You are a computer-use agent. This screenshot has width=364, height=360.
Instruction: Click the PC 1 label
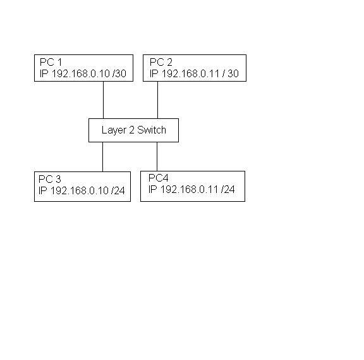tap(51, 62)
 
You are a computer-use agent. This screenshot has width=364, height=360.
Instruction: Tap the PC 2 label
tap(161, 62)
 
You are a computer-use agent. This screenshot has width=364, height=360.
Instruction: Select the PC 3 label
tap(50, 179)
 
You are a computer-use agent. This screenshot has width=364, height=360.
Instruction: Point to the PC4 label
tap(159, 178)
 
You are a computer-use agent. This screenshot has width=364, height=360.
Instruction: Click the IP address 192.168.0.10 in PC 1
tap(80, 73)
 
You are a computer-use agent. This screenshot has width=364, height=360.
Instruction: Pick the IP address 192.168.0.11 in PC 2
tap(190, 73)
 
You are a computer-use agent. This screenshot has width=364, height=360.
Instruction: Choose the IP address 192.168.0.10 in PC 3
tap(80, 191)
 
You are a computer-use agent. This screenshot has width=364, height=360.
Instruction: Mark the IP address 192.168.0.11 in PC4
tap(189, 189)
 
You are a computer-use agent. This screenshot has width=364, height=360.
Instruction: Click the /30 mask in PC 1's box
tap(119, 73)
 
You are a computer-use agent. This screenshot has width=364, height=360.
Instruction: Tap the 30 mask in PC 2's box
tap(233, 73)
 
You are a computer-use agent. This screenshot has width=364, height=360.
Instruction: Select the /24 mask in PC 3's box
tap(118, 191)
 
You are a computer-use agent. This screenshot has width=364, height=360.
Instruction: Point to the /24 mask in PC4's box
tap(228, 189)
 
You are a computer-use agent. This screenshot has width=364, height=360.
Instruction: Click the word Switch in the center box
tap(152, 130)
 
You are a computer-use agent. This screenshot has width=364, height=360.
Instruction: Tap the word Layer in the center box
tap(114, 130)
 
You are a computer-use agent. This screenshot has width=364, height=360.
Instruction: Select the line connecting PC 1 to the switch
tap(103, 100)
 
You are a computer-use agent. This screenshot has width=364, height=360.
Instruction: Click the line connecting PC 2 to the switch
tap(157, 100)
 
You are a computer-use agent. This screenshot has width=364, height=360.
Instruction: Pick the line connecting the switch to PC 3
tap(102, 157)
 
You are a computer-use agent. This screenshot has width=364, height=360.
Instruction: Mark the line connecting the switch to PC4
tap(157, 157)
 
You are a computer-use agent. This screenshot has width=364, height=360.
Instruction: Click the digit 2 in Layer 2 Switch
tap(131, 130)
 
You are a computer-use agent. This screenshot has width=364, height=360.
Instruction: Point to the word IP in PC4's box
tap(153, 189)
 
